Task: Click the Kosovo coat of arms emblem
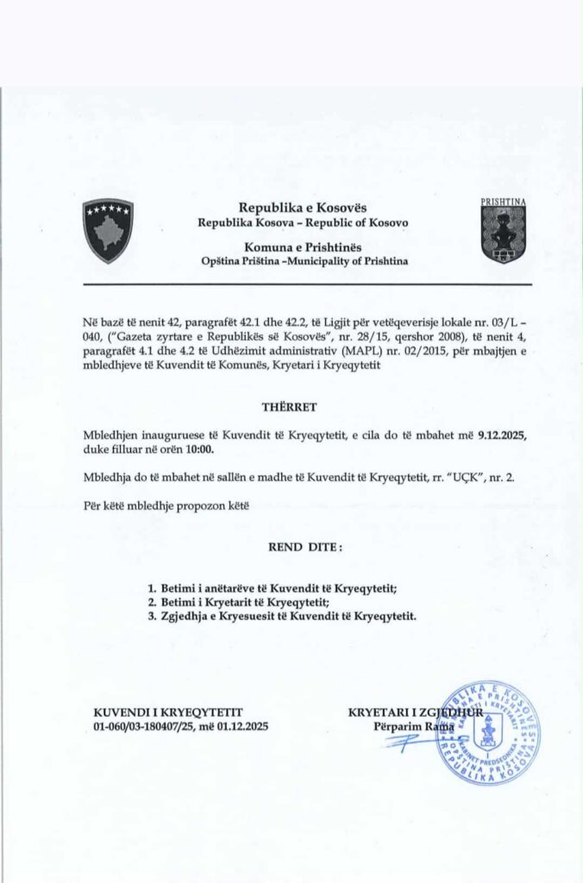[x=108, y=229]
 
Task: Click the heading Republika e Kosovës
[x=303, y=208]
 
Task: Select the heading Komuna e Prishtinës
[x=303, y=246]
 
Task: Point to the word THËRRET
[x=290, y=405]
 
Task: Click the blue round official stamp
[x=487, y=732]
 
